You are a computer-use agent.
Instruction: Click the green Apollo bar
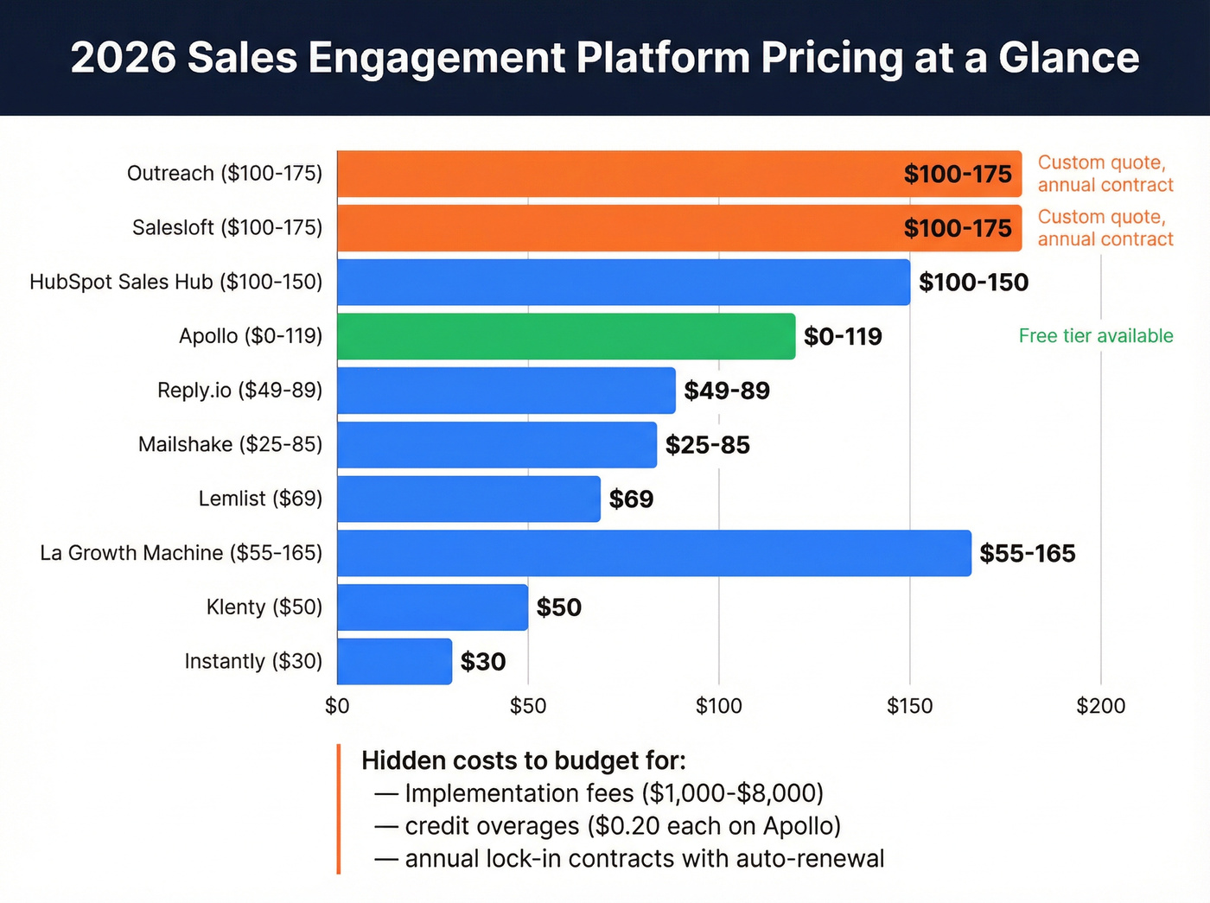[566, 336]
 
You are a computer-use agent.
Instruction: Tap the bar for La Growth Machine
[654, 553]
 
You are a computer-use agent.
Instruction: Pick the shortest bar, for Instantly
[394, 661]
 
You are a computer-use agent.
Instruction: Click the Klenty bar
[432, 607]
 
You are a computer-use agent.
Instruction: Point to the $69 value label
[631, 499]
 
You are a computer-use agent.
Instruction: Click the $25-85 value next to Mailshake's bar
[707, 445]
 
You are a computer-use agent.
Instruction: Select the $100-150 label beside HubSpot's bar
[973, 283]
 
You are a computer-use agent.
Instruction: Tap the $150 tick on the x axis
[909, 706]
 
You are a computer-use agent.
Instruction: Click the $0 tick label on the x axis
[337, 706]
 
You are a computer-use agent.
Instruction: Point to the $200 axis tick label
[1100, 706]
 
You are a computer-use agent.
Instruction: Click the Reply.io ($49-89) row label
[239, 391]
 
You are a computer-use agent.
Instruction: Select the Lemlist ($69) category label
[260, 499]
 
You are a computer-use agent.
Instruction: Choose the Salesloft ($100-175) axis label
[227, 228]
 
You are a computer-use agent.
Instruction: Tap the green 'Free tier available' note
[1095, 336]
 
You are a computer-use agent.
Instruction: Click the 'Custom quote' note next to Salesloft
[1105, 228]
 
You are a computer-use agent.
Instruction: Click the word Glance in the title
[1068, 58]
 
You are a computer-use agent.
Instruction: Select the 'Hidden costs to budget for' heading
[523, 760]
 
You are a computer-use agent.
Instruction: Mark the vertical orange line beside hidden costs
[339, 809]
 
